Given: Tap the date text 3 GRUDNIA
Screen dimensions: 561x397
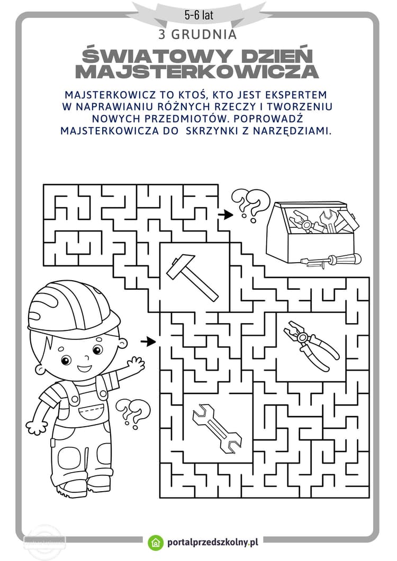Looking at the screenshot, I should point(197,35).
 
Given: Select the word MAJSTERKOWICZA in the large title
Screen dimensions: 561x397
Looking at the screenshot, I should point(197,71).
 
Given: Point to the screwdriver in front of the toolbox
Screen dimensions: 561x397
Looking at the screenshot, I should point(331,260).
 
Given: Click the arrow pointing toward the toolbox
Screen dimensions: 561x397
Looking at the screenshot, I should point(226,214).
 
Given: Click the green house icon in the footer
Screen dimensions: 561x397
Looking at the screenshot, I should point(156,542).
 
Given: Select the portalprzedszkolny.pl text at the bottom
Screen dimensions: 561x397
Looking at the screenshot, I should point(212,542).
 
